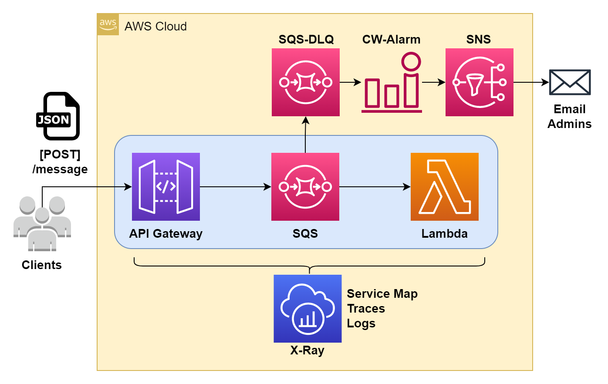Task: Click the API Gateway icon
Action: (x=166, y=187)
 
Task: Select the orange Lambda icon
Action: (x=445, y=187)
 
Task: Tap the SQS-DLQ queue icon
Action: (x=306, y=82)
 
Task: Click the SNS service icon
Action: (x=480, y=82)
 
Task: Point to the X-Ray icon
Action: (x=307, y=309)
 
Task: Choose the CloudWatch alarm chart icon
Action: (x=392, y=82)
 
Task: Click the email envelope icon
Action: (x=570, y=82)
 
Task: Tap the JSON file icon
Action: (x=58, y=116)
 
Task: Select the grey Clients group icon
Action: (x=42, y=224)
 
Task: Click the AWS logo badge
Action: (x=108, y=24)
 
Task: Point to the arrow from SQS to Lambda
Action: (x=375, y=187)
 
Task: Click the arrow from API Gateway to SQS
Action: (x=236, y=187)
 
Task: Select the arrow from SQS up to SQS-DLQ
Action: (x=305, y=135)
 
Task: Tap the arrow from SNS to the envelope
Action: (x=531, y=82)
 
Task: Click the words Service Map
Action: (x=382, y=294)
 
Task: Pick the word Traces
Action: (x=366, y=309)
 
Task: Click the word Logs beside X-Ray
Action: (x=361, y=323)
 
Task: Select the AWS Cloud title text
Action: (x=155, y=27)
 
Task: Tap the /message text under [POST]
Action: (x=60, y=169)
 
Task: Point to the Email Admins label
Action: (x=570, y=116)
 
